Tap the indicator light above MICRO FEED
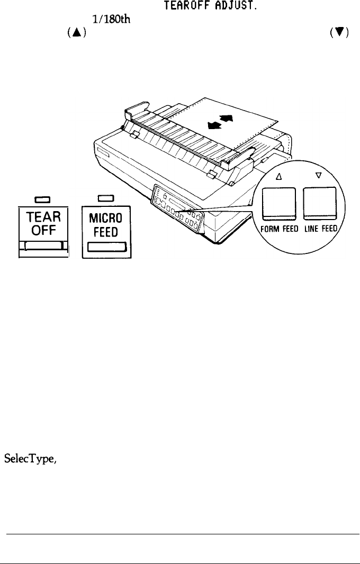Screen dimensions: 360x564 click(x=104, y=199)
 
